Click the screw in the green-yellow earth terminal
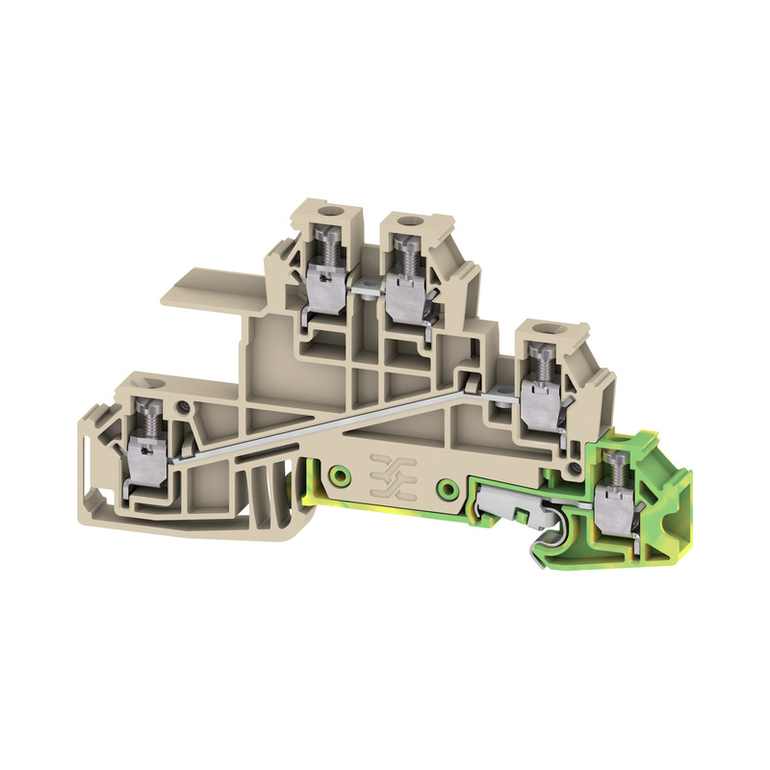[x=610, y=473]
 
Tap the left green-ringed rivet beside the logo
[x=339, y=475]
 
